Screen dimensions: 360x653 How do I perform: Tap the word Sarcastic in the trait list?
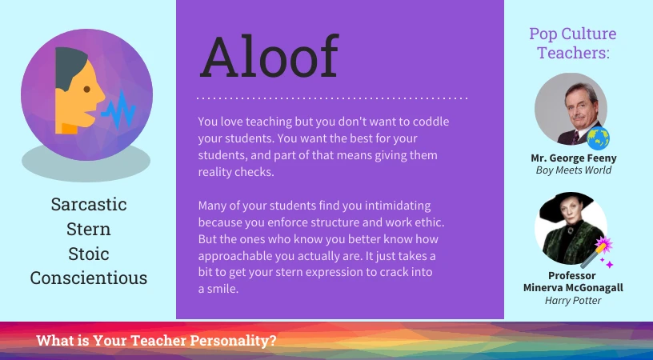point(89,204)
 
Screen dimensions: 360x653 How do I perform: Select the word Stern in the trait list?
point(89,229)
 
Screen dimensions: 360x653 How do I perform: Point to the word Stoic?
point(89,254)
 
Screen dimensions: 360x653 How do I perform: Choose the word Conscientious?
point(89,278)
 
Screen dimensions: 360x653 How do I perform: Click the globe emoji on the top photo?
point(598,138)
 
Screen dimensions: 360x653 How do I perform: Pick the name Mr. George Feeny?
point(574,158)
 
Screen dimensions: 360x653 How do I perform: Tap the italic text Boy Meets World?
point(574,170)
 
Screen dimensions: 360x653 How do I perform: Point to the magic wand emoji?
point(596,252)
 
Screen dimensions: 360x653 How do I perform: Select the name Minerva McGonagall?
point(574,287)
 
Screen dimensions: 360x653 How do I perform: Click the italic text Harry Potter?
point(574,300)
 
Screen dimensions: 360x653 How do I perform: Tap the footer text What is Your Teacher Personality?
point(157,340)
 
